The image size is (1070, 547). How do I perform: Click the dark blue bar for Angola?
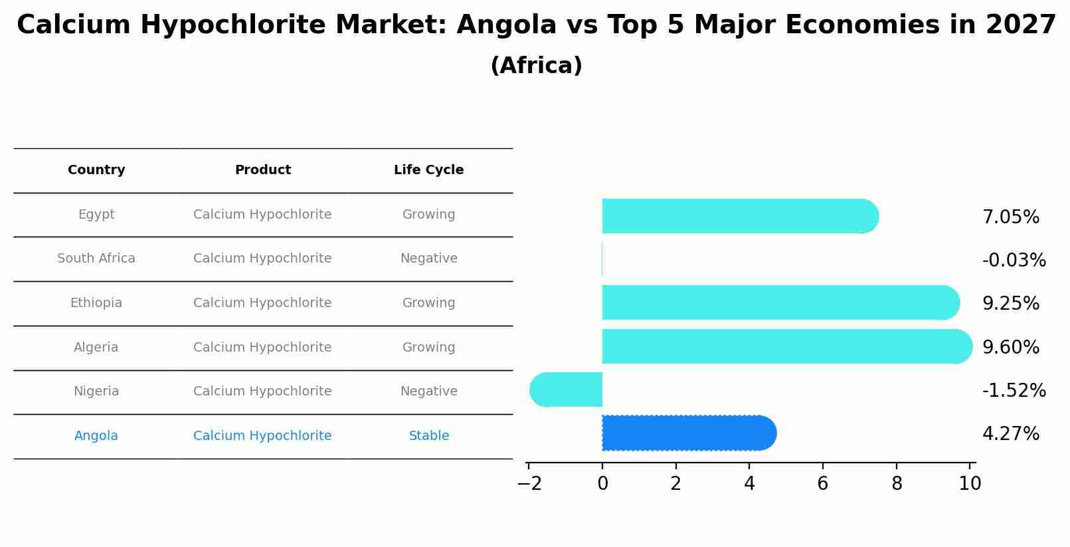pyautogui.click(x=688, y=433)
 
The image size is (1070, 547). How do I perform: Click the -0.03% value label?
pyautogui.click(x=1014, y=260)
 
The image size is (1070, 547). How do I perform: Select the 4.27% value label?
pyautogui.click(x=1010, y=434)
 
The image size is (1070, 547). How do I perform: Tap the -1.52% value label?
pyautogui.click(x=1014, y=390)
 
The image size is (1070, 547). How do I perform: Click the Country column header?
pyautogui.click(x=96, y=170)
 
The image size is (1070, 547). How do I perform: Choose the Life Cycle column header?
pyautogui.click(x=428, y=170)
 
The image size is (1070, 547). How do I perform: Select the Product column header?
pyautogui.click(x=262, y=170)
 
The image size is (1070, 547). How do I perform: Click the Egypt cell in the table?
pyautogui.click(x=96, y=215)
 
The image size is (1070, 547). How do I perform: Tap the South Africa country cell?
pyautogui.click(x=96, y=259)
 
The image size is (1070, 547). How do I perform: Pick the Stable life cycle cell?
pyautogui.click(x=428, y=436)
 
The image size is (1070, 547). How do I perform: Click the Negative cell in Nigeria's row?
pyautogui.click(x=428, y=391)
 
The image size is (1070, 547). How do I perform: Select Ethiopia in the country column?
pyautogui.click(x=96, y=303)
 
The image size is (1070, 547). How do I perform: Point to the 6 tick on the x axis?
pyautogui.click(x=822, y=483)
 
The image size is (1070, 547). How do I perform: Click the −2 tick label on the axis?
pyautogui.click(x=529, y=483)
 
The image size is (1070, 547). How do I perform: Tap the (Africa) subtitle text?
pyautogui.click(x=536, y=66)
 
